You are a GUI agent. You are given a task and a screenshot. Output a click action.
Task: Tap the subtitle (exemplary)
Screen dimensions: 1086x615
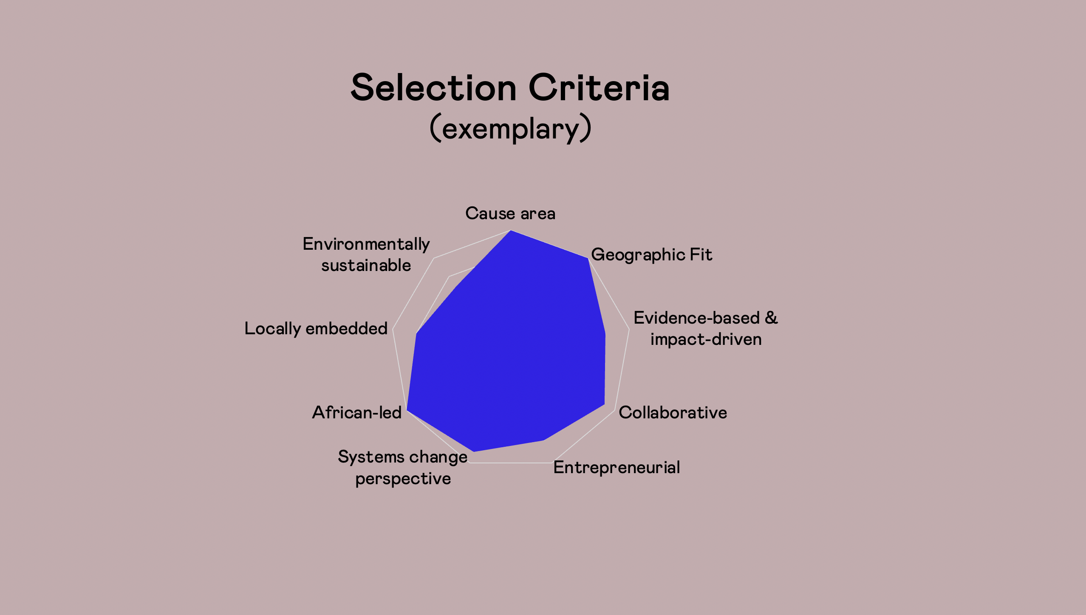510,128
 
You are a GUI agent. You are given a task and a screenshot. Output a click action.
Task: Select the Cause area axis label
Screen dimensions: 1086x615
510,213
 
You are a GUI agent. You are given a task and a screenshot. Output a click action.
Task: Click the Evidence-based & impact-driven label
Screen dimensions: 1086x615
706,328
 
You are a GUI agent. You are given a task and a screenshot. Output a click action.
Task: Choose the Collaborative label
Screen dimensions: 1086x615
673,412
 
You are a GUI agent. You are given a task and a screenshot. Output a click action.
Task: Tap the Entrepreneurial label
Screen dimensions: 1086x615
617,468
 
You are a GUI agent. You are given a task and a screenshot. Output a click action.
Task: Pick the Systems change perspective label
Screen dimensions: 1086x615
403,468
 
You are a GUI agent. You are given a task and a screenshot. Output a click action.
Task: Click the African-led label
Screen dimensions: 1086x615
357,412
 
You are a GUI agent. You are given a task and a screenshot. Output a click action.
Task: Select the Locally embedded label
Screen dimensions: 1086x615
316,329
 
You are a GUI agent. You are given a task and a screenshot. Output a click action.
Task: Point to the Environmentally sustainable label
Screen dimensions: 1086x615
366,254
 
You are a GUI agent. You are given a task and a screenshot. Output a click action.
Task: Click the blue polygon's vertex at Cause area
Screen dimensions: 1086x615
510,230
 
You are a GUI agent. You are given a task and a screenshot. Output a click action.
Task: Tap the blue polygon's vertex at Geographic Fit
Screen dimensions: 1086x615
588,258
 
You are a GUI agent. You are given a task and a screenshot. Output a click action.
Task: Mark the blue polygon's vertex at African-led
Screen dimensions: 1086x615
407,410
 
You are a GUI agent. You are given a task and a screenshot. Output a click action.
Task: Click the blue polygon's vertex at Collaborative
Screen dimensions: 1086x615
605,404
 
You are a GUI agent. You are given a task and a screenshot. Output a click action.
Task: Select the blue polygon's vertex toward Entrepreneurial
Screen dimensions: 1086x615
544,440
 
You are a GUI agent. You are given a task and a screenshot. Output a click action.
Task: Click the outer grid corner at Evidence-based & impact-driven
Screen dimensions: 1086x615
629,328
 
